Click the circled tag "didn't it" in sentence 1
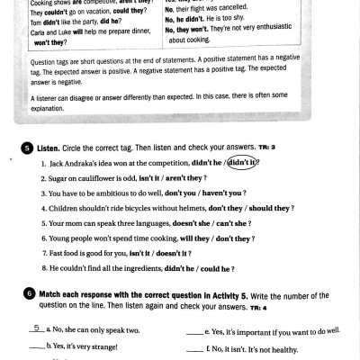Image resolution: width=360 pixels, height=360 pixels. [242, 163]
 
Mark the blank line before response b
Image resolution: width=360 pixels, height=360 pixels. [36, 346]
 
